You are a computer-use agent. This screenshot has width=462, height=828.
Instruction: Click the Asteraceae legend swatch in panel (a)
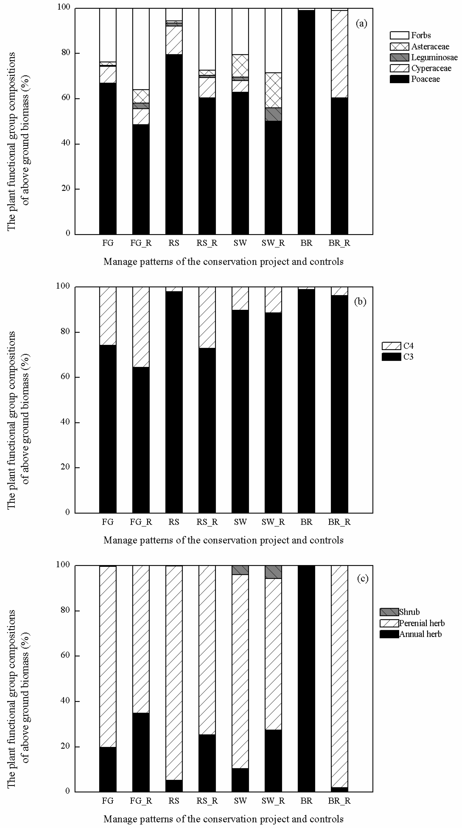[399, 47]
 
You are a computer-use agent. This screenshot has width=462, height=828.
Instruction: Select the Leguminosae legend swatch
[399, 57]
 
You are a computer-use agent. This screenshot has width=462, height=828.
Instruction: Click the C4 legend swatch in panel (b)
[391, 346]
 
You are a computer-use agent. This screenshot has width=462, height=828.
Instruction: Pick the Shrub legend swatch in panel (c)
[389, 612]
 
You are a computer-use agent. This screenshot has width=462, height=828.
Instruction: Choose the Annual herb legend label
[420, 634]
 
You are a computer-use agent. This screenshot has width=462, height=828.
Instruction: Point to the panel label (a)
[361, 23]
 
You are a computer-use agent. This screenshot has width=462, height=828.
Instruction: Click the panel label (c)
[363, 579]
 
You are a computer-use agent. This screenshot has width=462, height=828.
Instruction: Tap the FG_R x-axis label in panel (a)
[141, 243]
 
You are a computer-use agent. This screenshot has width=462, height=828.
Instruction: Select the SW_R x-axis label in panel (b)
[273, 522]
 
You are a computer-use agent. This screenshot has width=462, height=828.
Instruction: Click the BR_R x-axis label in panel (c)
[339, 800]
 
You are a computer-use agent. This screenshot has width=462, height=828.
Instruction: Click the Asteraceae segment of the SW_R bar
[273, 90]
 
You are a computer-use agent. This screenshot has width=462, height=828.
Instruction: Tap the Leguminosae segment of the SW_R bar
[273, 114]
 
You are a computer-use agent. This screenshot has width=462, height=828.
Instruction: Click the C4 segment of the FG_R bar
[141, 327]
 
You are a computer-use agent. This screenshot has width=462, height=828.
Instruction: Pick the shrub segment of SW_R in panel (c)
[273, 571]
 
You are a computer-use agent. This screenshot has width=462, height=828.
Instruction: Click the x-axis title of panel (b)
[224, 540]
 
